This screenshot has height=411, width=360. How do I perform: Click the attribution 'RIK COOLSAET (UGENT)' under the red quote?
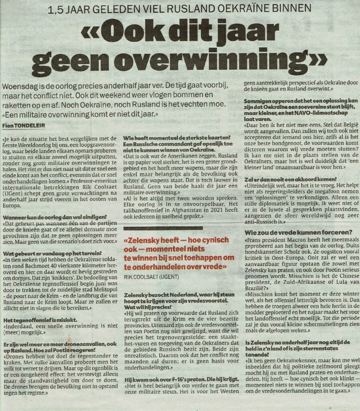tap(152, 277)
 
